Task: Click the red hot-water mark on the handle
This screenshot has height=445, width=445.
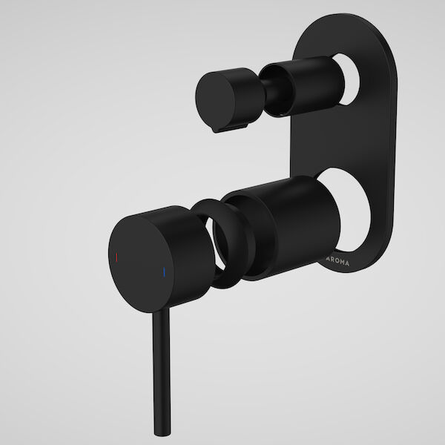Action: coord(116,257)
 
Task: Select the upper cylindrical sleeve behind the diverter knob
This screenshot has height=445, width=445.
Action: coord(300,82)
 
